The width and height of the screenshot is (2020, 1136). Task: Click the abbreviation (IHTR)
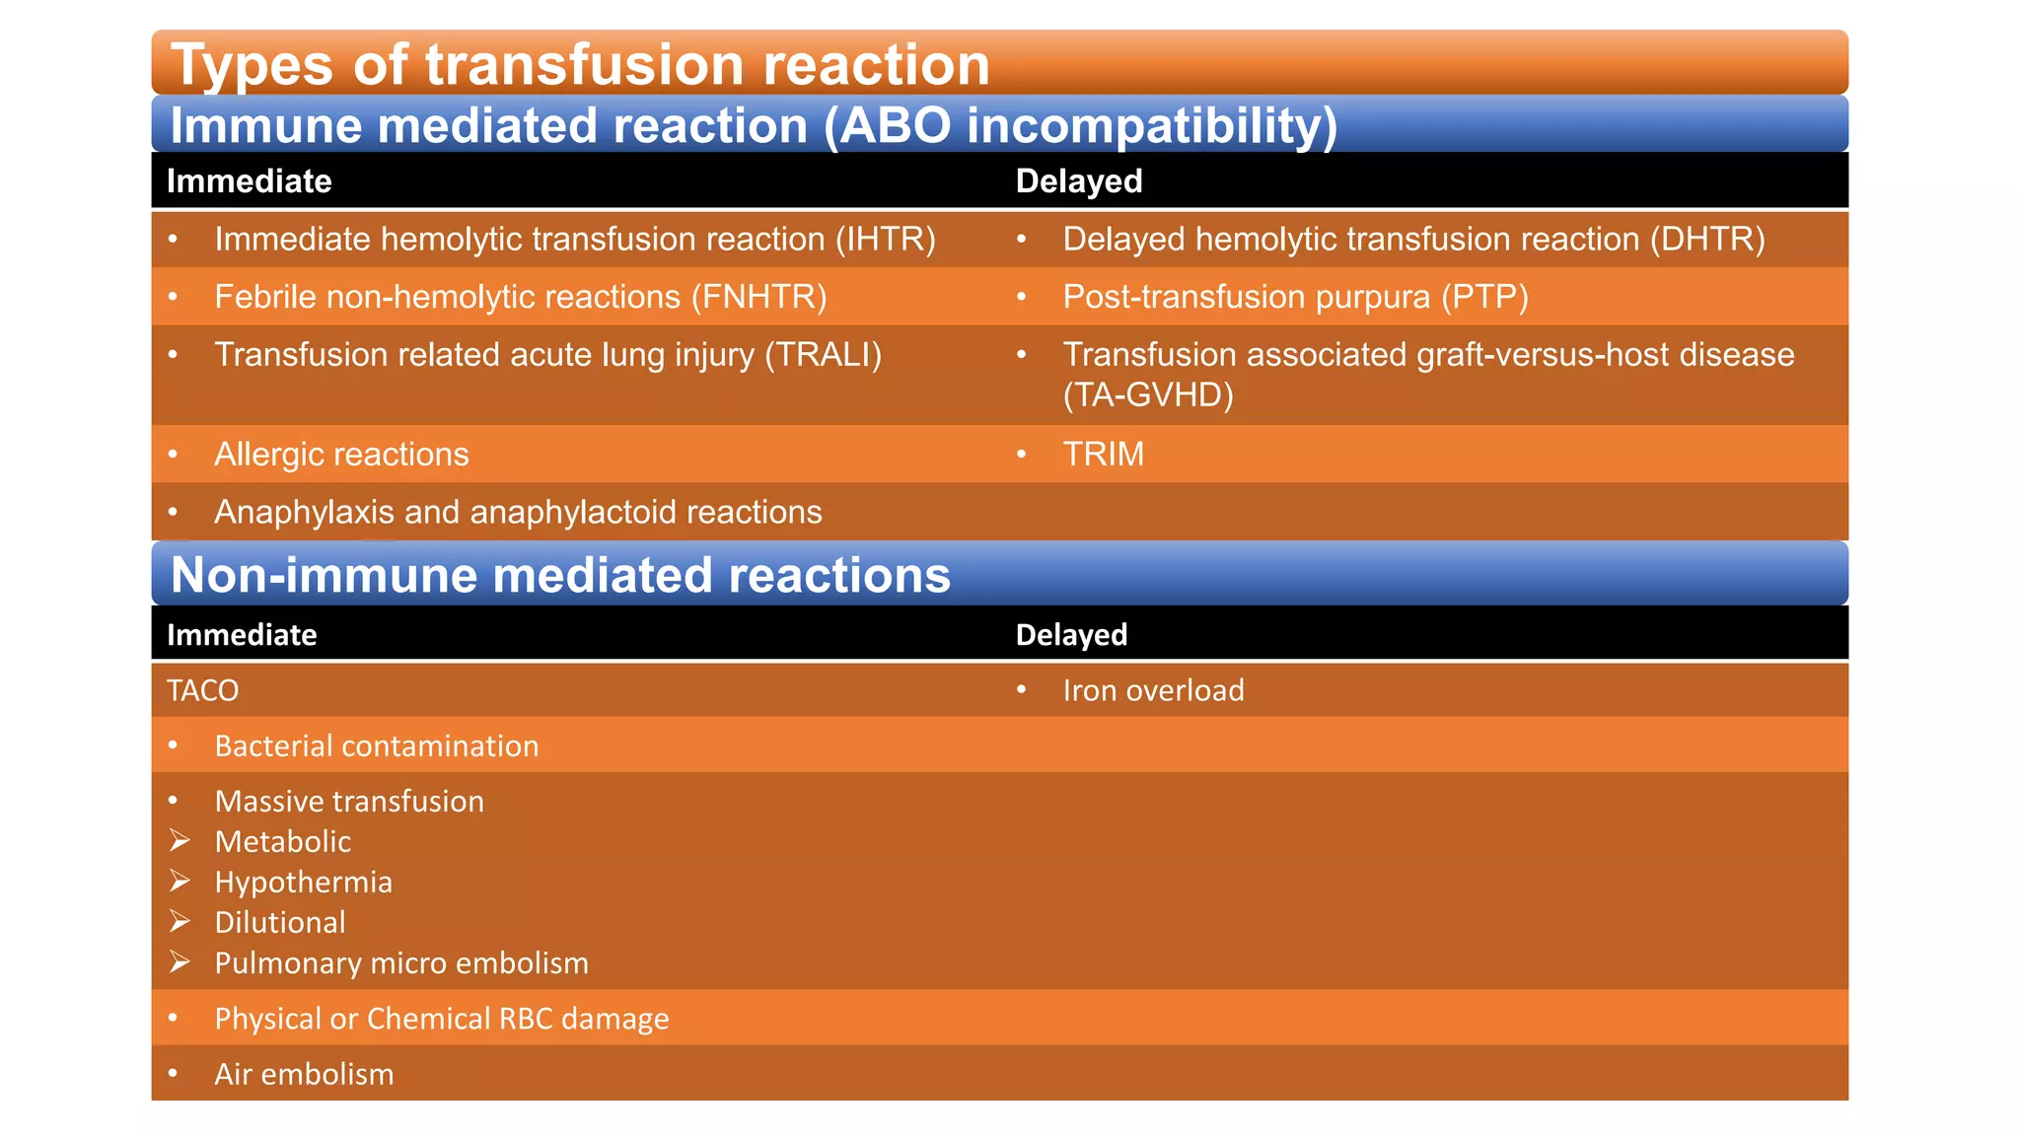tap(885, 240)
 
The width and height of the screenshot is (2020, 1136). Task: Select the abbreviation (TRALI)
tap(823, 355)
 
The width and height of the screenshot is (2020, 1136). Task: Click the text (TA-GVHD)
tap(1148, 395)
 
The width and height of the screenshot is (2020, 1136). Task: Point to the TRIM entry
tap(1103, 455)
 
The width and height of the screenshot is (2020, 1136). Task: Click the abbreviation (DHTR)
tap(1707, 240)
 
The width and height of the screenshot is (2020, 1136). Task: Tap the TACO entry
tap(202, 690)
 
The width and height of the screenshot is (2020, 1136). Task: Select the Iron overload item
tap(1153, 690)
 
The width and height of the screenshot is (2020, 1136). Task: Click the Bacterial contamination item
tap(376, 746)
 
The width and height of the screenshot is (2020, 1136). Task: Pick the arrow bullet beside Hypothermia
tap(180, 881)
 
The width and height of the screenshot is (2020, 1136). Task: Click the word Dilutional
tap(280, 923)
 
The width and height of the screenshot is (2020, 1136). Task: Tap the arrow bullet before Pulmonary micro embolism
tap(180, 961)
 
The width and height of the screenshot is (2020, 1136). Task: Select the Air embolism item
tap(304, 1074)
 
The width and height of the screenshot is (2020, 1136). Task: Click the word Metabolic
tap(282, 842)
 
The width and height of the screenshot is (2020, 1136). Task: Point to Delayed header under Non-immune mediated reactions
tap(1071, 635)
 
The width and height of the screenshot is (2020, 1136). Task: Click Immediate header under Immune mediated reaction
tap(249, 181)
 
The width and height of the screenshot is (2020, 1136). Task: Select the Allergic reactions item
tap(341, 455)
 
